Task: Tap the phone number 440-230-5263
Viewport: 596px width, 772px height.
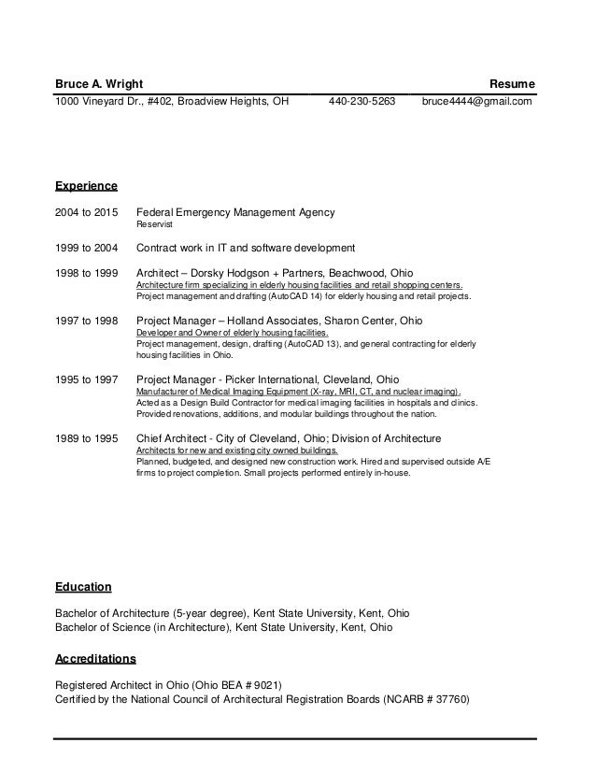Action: (362, 102)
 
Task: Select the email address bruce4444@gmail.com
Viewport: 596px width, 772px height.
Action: (476, 102)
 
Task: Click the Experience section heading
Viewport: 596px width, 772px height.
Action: (86, 185)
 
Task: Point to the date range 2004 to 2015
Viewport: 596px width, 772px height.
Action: (87, 212)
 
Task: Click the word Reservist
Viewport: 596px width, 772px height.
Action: (154, 225)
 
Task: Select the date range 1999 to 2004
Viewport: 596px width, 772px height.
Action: (87, 249)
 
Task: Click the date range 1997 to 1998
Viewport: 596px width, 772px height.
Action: (87, 320)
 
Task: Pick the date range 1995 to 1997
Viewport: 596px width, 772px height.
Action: (87, 379)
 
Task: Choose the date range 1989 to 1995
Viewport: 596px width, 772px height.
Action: (87, 438)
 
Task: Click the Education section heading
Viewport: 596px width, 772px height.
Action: (83, 587)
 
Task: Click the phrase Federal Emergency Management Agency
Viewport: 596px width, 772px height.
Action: (235, 212)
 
